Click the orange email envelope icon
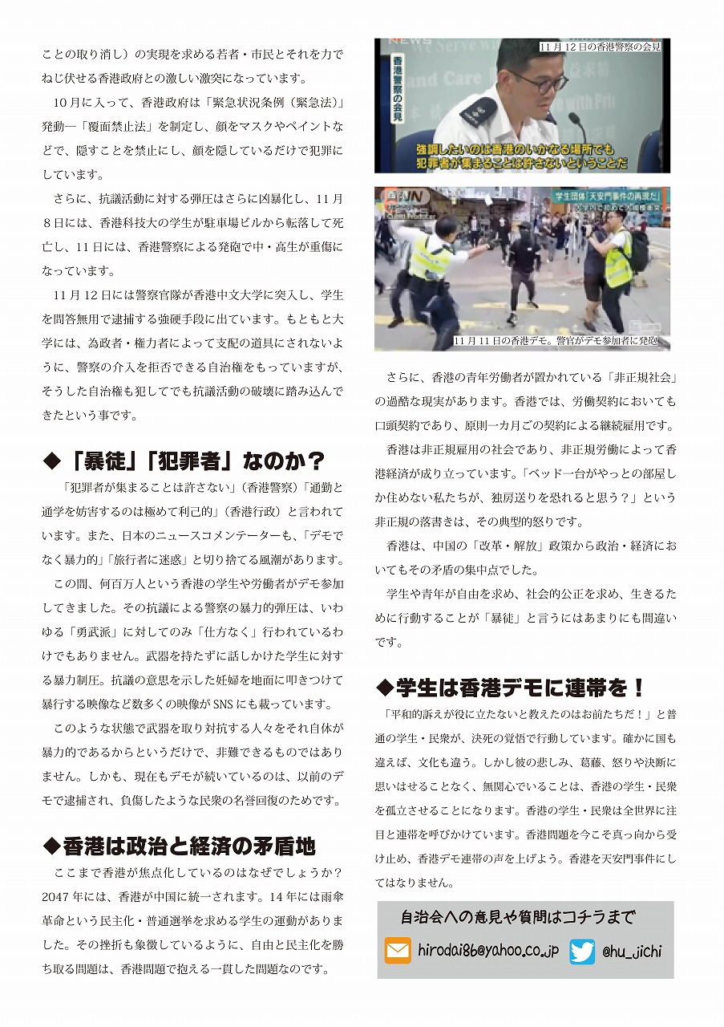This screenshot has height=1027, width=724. pos(398,951)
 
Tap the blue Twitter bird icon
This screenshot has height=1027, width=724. pos(583,951)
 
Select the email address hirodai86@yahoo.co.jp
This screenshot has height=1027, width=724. pos(488,951)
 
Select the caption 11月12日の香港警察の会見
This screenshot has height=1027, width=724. pos(600,47)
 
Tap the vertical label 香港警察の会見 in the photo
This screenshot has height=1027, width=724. pos(397,88)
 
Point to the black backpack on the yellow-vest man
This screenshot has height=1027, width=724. pos(638,251)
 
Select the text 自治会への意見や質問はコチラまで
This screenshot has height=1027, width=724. pos(517,917)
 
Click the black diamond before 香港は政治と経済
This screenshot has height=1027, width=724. pos(51,845)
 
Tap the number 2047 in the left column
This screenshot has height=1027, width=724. pos(56,896)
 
